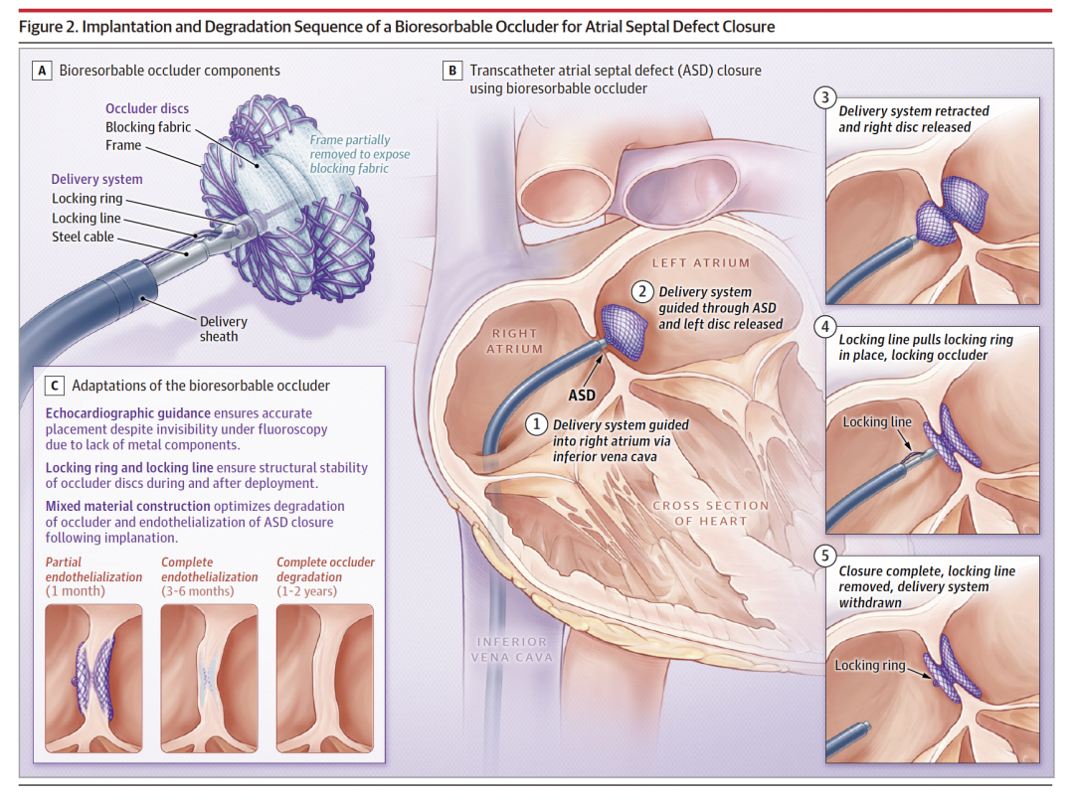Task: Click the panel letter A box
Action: [43, 71]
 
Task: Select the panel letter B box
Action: [453, 71]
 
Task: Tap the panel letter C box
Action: [56, 386]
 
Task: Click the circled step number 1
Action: [537, 424]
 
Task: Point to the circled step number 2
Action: [643, 291]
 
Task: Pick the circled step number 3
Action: [823, 97]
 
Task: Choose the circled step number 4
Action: [823, 326]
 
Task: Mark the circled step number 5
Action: [823, 557]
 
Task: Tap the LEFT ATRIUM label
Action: [701, 263]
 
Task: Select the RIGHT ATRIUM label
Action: [515, 341]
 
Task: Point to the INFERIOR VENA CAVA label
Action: [513, 649]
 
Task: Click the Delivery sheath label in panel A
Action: [223, 329]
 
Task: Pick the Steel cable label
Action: [83, 237]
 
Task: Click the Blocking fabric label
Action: [148, 127]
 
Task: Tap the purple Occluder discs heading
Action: [147, 108]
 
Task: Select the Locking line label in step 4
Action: [877, 422]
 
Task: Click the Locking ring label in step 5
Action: [870, 666]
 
